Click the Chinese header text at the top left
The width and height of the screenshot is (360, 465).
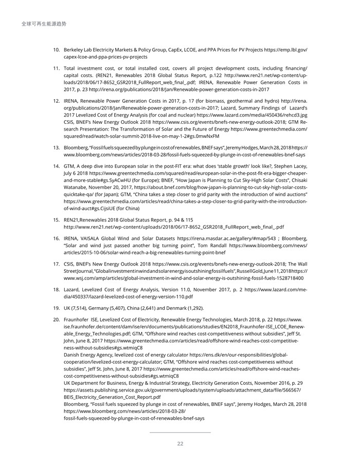pyautogui.click(x=44, y=24)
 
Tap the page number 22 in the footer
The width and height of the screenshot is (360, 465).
pyautogui.click(x=180, y=444)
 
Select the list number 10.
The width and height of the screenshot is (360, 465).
pyautogui.click(x=57, y=49)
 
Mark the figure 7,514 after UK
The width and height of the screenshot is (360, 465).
pyautogui.click(x=80, y=308)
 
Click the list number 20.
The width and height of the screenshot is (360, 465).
pyautogui.click(x=57, y=320)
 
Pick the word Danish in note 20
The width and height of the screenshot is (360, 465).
pyautogui.click(x=73, y=355)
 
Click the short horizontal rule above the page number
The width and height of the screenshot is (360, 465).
pyautogui.click(x=180, y=433)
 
